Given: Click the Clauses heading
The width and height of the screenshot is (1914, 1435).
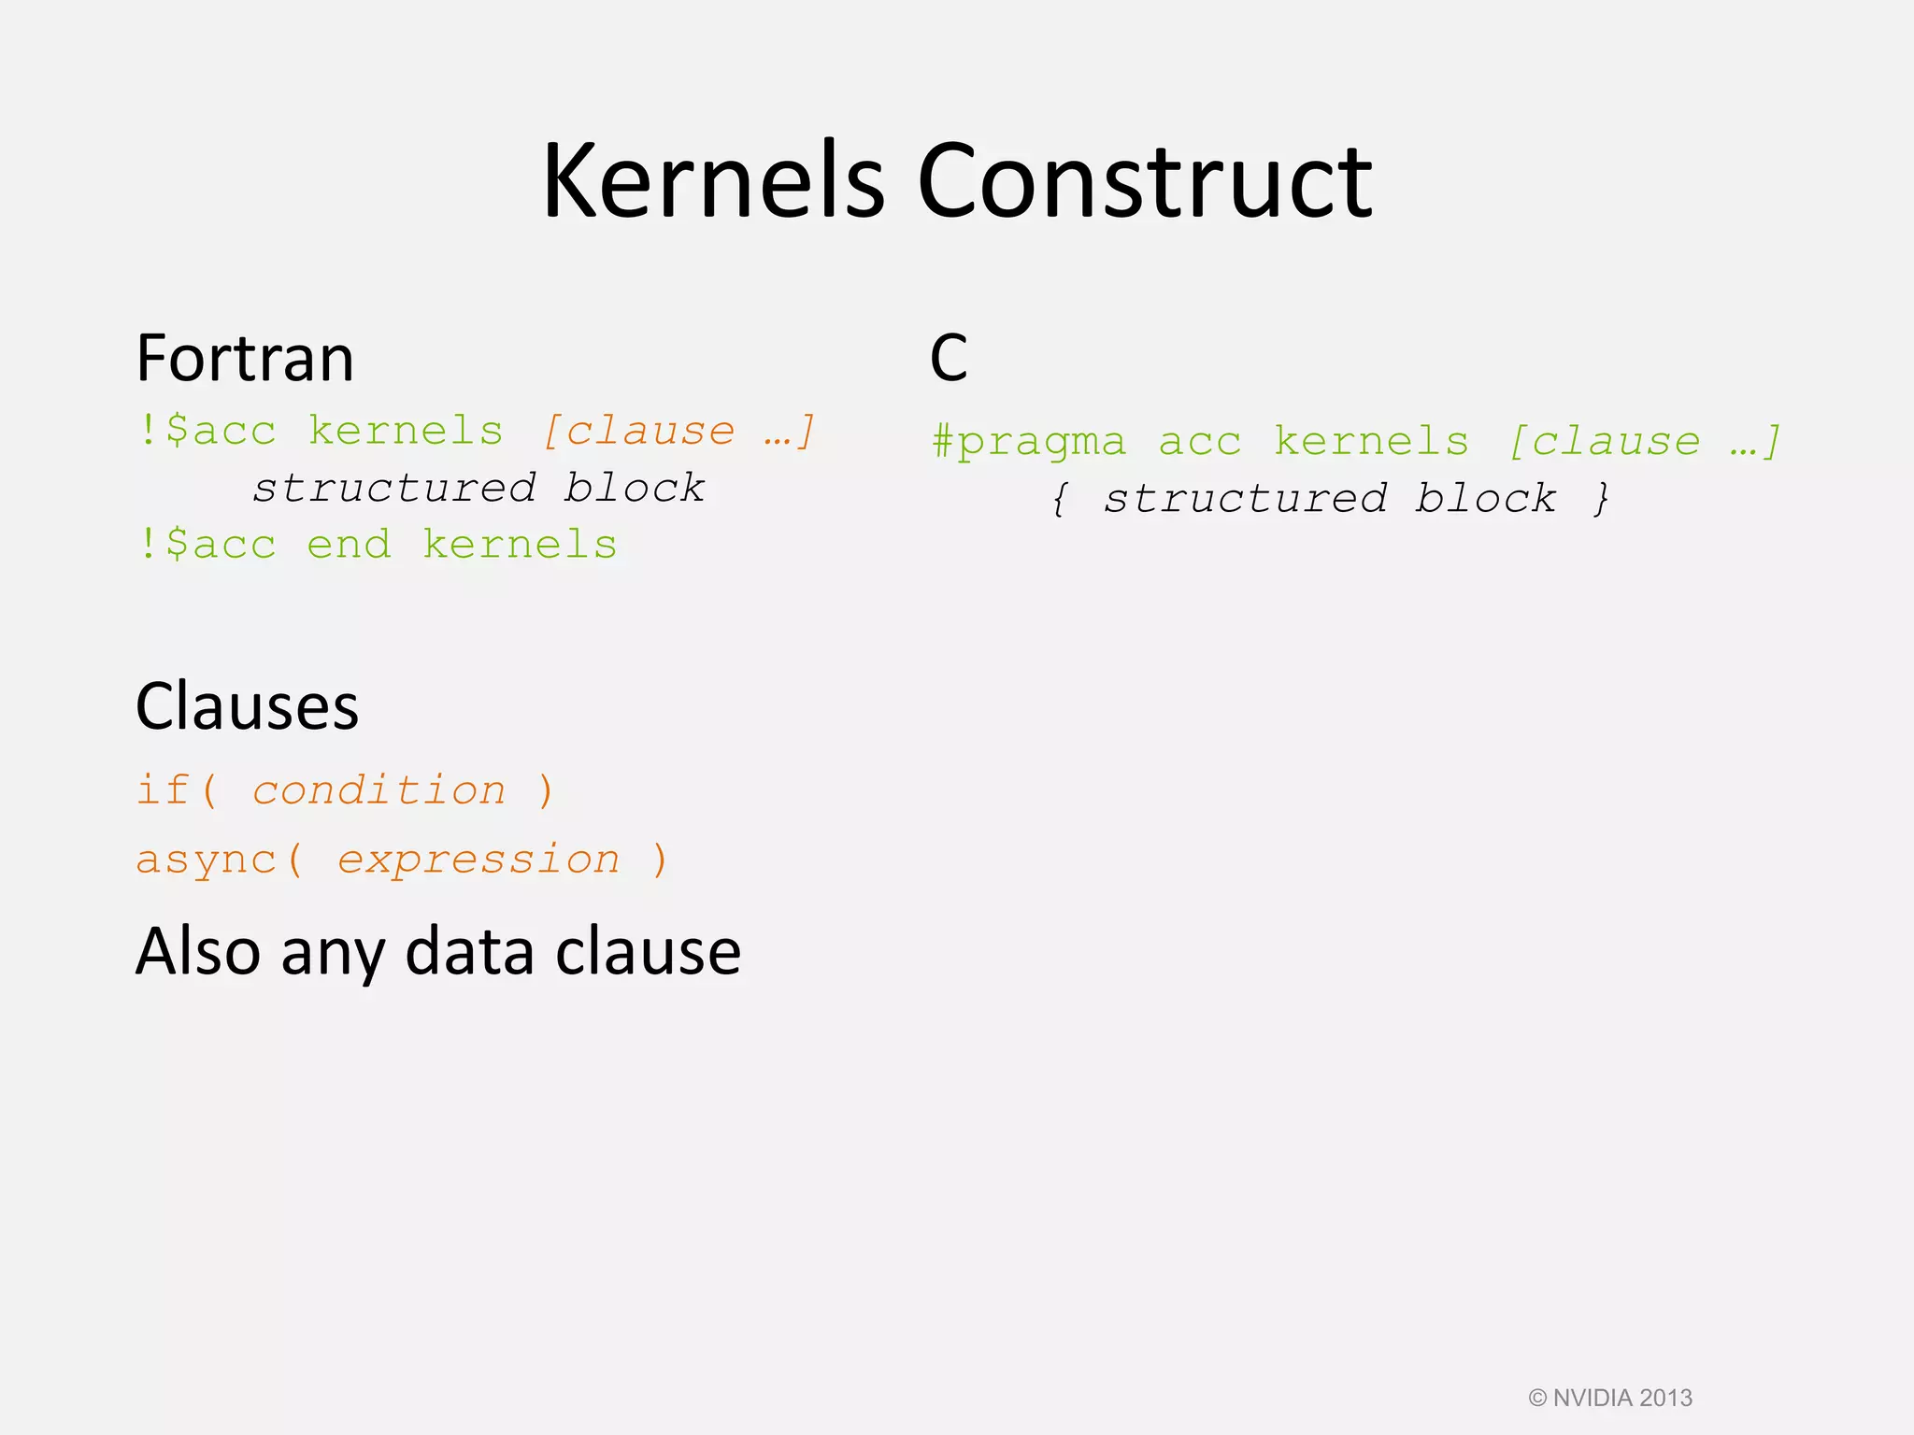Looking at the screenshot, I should point(247,706).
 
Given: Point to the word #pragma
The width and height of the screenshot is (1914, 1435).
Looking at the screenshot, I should point(1029,442).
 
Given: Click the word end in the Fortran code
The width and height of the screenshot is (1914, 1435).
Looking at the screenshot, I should point(349,545).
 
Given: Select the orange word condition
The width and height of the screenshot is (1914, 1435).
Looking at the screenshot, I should point(379,790).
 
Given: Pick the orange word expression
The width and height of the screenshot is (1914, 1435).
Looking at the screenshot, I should point(478,860).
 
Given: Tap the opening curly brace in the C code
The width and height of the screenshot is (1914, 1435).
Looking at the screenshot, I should point(1059,499).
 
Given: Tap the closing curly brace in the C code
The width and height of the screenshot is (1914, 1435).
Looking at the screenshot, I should point(1602,499).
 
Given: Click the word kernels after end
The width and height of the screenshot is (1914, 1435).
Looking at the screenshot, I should point(520,545).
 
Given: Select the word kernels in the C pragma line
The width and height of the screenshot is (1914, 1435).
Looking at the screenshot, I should point(1371,442).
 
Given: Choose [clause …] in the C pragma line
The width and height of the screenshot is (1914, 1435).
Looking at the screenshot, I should point(1646,442).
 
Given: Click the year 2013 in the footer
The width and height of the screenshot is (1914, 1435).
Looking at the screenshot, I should point(1666,1398).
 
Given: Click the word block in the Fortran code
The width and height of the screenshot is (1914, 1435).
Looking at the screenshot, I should point(635,489).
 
